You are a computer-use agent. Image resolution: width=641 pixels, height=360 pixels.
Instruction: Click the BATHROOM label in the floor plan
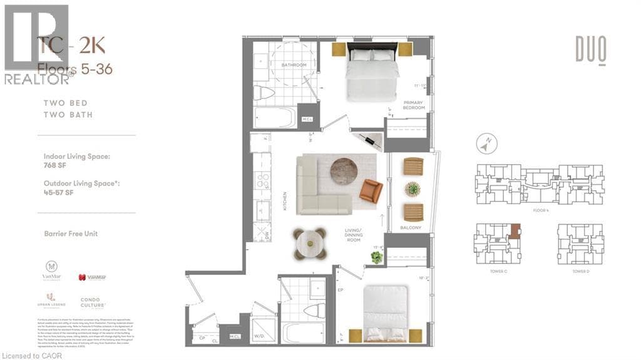(x=294, y=65)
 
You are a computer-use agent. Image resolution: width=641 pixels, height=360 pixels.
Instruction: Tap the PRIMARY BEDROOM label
(x=414, y=105)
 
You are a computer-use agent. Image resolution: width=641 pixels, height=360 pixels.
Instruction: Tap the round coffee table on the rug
(x=343, y=170)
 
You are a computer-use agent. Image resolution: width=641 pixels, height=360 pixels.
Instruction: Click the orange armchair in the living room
(x=371, y=190)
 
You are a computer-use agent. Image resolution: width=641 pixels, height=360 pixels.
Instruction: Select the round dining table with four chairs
(x=310, y=243)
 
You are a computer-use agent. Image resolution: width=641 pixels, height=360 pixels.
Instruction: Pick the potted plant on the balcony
(x=413, y=188)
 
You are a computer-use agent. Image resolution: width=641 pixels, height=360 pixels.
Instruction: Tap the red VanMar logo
(x=91, y=276)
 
